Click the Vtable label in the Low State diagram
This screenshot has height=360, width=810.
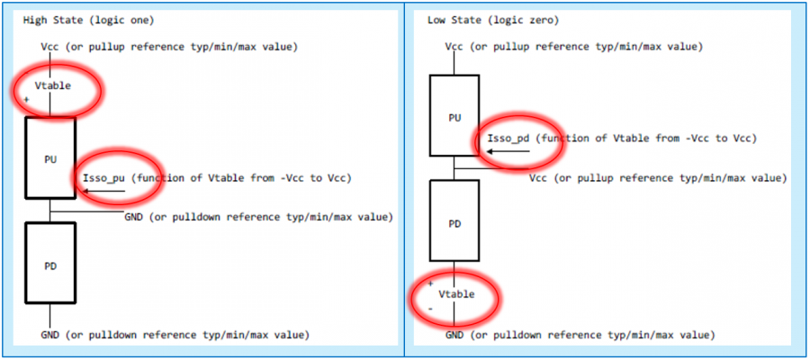pyautogui.click(x=456, y=294)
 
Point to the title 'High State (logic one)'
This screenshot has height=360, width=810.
pyautogui.click(x=86, y=20)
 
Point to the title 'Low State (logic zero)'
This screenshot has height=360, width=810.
pyautogui.click(x=491, y=20)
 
